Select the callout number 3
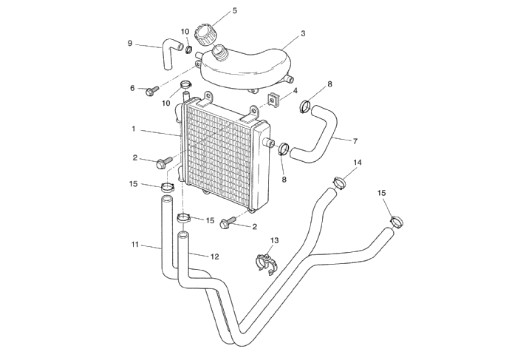[x=303, y=34]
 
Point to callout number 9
[x=130, y=43]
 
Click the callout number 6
[x=133, y=88]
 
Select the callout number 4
[x=295, y=90]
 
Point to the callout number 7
[x=355, y=140]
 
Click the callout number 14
[x=358, y=162]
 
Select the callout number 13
[x=275, y=240]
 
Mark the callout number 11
[x=135, y=244]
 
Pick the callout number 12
[x=215, y=257]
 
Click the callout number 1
[x=134, y=129]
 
